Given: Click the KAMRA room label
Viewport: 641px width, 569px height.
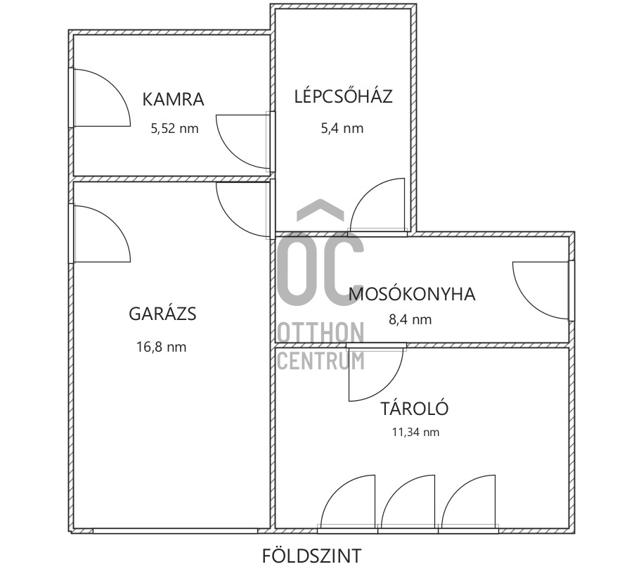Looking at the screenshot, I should click(173, 99).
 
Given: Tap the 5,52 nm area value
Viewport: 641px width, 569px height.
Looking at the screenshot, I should click(174, 129).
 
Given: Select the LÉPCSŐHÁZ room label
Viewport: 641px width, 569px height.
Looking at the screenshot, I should click(343, 96).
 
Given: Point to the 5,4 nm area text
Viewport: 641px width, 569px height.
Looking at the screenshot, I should click(343, 128).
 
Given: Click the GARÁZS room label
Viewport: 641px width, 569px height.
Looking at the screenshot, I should click(162, 314).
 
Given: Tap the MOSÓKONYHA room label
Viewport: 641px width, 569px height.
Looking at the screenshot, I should click(412, 294).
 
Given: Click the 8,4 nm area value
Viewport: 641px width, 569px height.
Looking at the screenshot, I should click(410, 320).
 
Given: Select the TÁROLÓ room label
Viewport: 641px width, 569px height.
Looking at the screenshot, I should click(414, 408).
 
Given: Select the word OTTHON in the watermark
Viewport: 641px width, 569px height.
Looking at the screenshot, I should click(321, 333).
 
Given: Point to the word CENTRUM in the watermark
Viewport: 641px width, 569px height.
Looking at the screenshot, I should click(321, 360).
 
